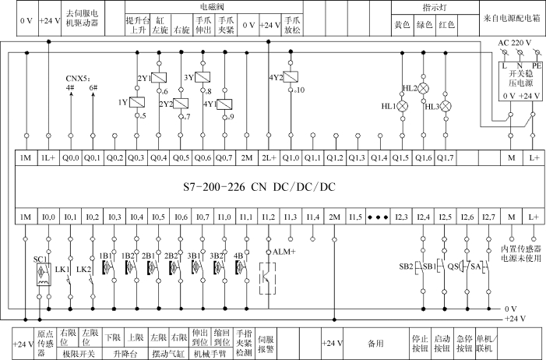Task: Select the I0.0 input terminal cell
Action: (x=48, y=216)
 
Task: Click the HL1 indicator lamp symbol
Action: (x=403, y=106)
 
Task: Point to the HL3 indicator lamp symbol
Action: (x=446, y=106)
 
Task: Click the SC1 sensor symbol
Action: (x=40, y=276)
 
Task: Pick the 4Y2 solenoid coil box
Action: (x=291, y=77)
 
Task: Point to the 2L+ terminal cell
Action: (x=268, y=157)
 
